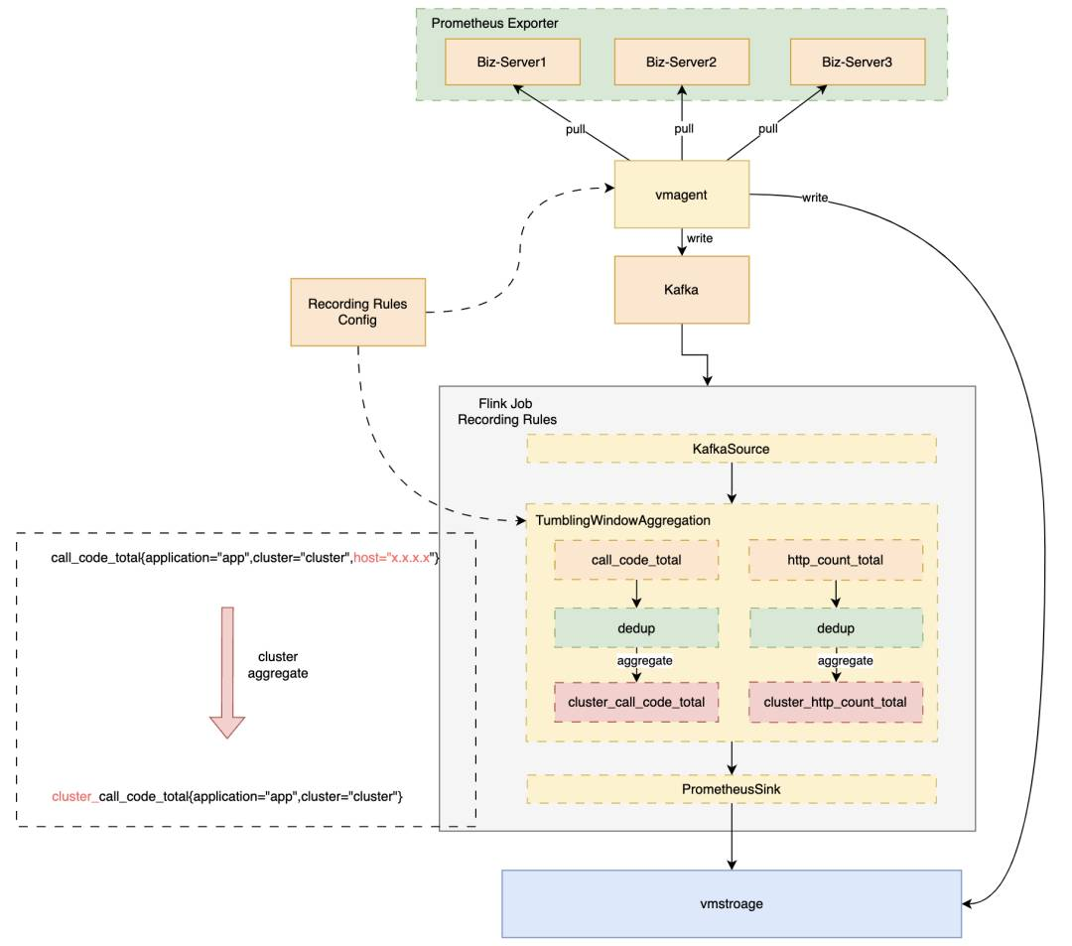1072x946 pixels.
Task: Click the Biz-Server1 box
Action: coord(512,62)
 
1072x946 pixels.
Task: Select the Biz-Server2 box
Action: coord(682,62)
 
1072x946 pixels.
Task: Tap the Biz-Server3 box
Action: coord(858,62)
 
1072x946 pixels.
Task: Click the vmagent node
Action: coord(682,195)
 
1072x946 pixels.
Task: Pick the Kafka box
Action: coord(682,290)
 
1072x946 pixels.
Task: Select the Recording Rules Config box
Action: coord(357,312)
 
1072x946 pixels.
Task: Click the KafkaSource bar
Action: coord(731,449)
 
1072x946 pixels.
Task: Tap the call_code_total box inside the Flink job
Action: coord(636,560)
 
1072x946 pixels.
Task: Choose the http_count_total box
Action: coord(836,560)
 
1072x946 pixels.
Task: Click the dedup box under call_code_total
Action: coord(636,628)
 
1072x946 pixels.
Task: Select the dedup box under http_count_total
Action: coord(836,628)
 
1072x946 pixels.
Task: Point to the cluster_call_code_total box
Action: coord(636,702)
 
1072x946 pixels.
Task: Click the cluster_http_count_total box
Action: coord(836,702)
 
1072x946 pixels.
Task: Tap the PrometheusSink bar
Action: coord(731,789)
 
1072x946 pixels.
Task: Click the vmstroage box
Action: coord(732,903)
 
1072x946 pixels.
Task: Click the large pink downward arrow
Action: coord(227,673)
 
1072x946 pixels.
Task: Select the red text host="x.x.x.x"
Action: coord(392,558)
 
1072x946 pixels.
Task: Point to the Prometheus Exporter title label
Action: coord(494,23)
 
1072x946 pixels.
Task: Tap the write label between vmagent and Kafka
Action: coord(700,238)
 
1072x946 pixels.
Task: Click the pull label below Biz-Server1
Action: coord(576,129)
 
